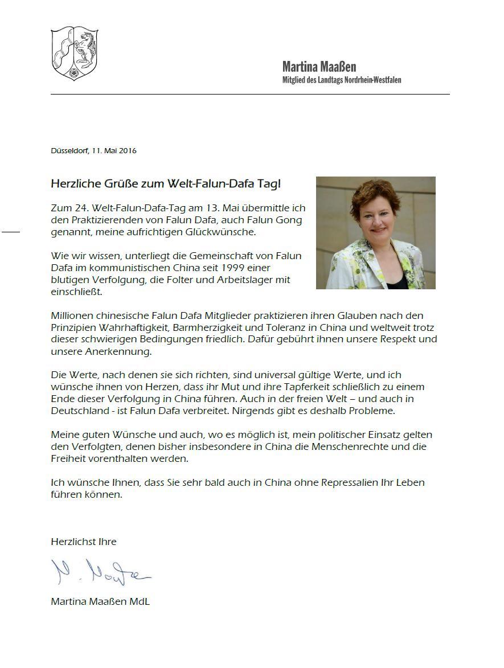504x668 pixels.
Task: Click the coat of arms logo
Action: tap(75, 53)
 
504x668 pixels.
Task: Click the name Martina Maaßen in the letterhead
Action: tap(319, 67)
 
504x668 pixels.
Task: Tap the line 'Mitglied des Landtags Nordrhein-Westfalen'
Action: tap(342, 80)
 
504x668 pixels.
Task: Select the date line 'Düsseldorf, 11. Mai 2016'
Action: tap(93, 151)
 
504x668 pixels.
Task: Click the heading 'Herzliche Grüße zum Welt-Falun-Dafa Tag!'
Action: tap(166, 184)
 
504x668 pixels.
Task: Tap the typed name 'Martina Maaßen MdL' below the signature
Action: tap(100, 601)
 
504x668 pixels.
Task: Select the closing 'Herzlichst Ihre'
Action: tap(83, 542)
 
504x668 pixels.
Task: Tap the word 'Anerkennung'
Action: tap(118, 351)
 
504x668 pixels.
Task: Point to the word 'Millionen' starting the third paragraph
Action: tap(71, 315)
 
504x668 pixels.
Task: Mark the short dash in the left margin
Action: tap(11, 232)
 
